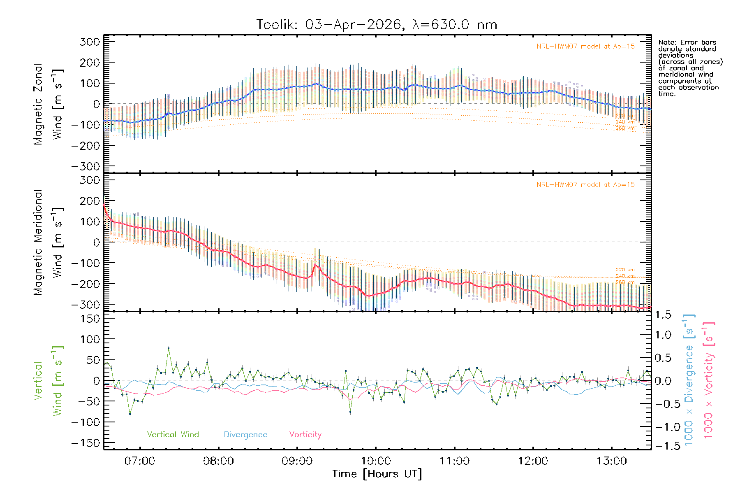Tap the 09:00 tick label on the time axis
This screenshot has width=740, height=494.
[x=297, y=461]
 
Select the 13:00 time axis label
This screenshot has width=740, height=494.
[x=612, y=461]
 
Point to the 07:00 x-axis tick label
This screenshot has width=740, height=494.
[x=140, y=461]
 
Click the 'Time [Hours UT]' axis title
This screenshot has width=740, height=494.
[x=377, y=474]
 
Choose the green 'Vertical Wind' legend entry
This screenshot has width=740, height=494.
[x=173, y=435]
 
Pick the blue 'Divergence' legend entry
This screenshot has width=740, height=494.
[x=245, y=435]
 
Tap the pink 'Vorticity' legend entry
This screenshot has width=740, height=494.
[x=305, y=435]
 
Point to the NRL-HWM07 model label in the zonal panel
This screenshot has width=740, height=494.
[x=585, y=47]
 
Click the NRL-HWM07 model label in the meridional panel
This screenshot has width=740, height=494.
[x=585, y=185]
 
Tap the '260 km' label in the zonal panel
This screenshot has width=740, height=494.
[x=625, y=128]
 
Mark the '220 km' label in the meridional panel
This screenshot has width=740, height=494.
[x=625, y=270]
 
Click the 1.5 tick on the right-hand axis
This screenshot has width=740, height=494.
[x=663, y=315]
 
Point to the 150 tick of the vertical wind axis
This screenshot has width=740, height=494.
[x=90, y=319]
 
